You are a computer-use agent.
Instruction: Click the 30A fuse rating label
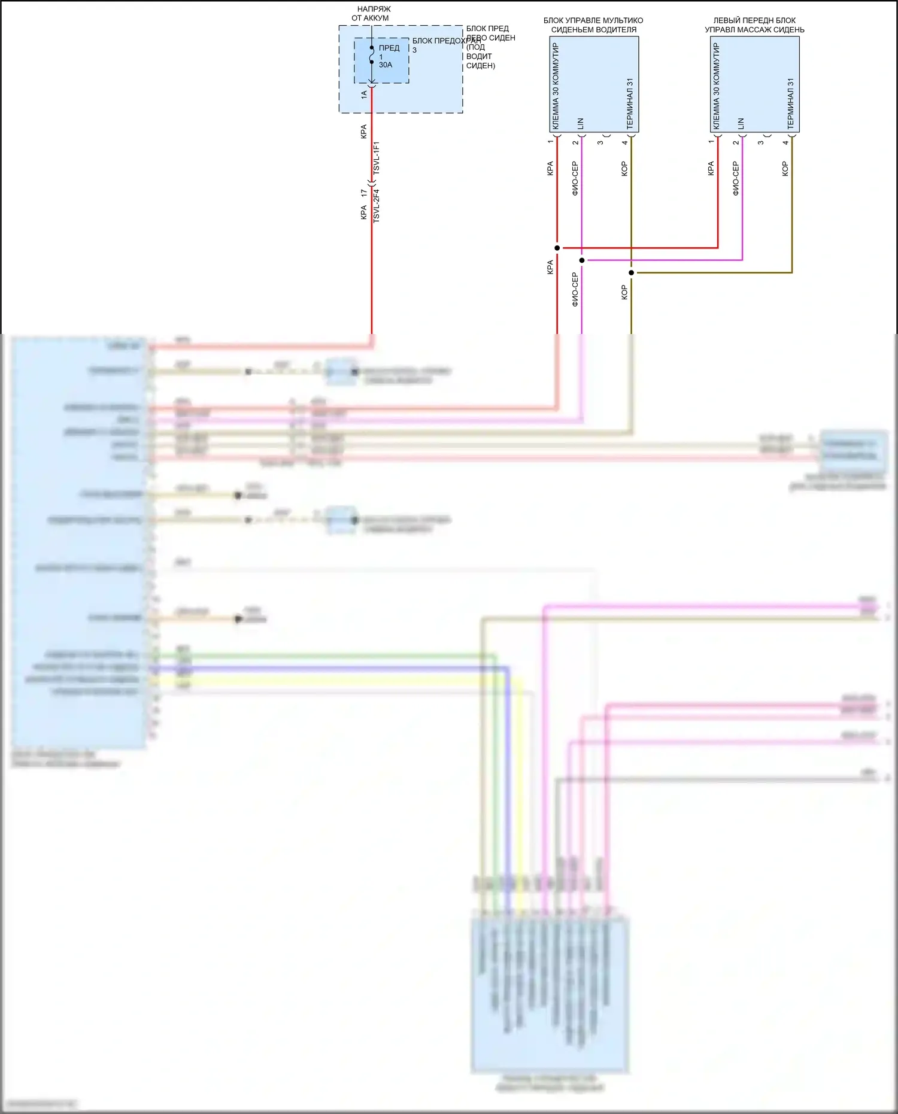(385, 65)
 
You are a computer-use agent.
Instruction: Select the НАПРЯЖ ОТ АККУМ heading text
(373, 14)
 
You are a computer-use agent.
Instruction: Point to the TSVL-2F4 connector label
(377, 207)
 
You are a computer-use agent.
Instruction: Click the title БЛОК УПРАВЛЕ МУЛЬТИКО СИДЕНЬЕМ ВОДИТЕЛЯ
(593, 25)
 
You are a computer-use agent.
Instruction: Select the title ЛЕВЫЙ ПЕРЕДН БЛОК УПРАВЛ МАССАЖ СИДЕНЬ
(754, 25)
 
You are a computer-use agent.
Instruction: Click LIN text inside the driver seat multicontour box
(580, 123)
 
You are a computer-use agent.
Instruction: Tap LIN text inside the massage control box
(741, 123)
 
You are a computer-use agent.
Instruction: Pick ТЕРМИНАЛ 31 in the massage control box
(790, 104)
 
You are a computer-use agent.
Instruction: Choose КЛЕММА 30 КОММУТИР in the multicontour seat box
(556, 86)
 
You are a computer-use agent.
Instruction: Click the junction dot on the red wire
(557, 248)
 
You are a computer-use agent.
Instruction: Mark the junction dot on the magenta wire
(582, 260)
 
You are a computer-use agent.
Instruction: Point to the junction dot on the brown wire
(632, 273)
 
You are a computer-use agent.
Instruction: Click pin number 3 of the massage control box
(761, 142)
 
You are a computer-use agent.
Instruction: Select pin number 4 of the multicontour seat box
(625, 142)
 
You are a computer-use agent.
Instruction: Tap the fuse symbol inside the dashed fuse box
(372, 55)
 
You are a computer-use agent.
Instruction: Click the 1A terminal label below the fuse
(364, 94)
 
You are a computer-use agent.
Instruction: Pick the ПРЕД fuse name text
(389, 48)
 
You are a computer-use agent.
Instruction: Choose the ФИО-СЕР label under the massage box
(736, 178)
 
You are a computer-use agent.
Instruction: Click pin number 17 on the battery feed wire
(364, 193)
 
